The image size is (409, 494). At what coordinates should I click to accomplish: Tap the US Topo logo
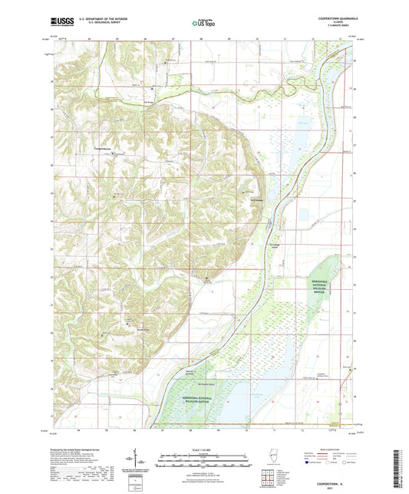click(203, 23)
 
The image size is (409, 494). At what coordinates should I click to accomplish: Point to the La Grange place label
click(248, 203)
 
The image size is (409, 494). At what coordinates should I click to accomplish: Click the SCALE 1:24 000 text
click(203, 449)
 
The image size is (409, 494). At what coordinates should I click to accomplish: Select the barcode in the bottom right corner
click(400, 468)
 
